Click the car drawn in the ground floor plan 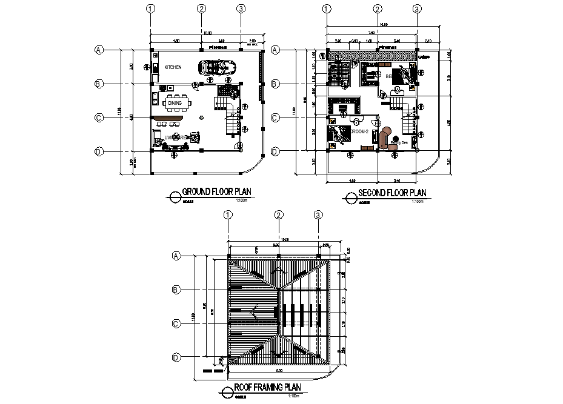(x=215, y=67)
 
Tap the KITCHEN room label (x=173, y=67)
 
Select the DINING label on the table (x=175, y=104)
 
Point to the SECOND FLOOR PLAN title (x=393, y=193)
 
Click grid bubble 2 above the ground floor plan (x=202, y=8)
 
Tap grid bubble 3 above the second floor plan (x=416, y=8)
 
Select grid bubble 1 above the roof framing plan (x=228, y=214)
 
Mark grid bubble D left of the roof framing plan (x=176, y=357)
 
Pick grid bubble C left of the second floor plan (x=275, y=118)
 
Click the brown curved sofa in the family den (x=385, y=137)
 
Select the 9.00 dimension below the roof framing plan (x=279, y=369)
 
